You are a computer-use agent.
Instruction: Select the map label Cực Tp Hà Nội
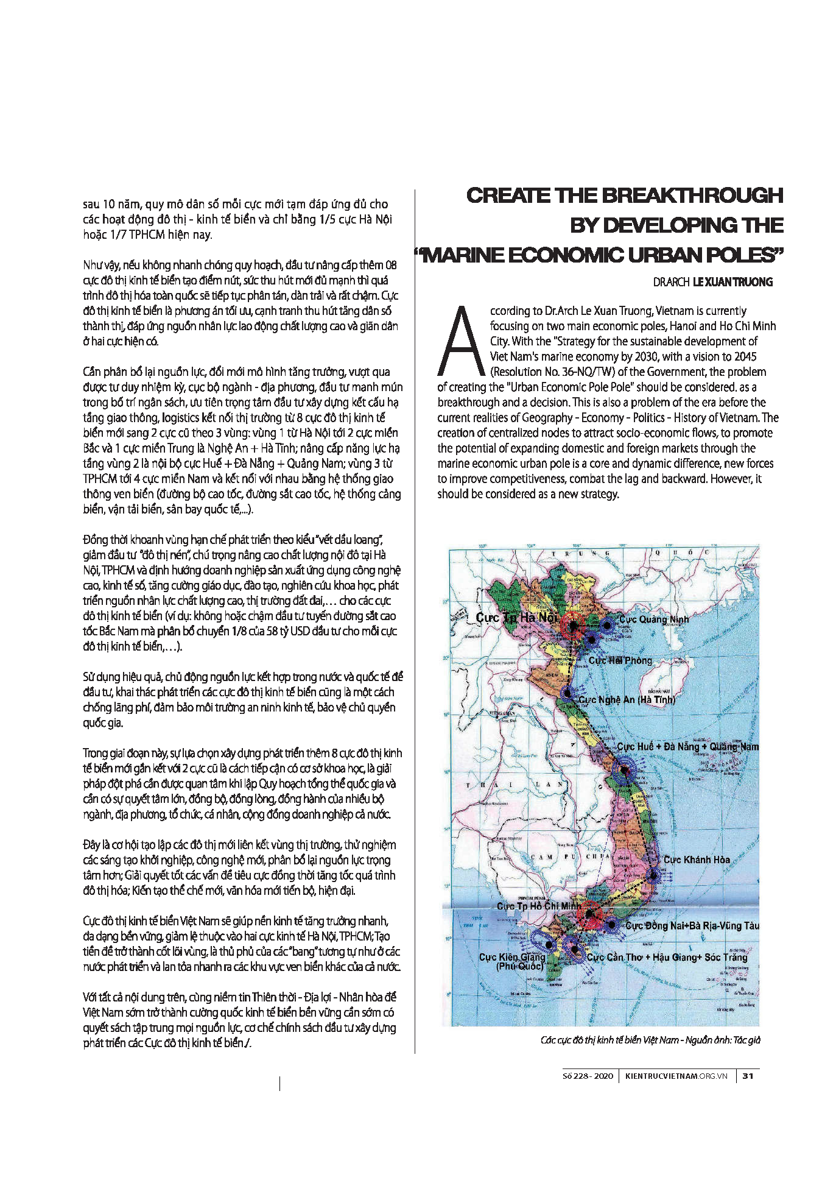coord(516,618)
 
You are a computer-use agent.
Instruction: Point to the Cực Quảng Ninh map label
coord(654,620)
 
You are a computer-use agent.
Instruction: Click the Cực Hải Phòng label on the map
coord(620,660)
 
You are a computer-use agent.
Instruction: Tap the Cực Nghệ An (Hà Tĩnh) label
coord(627,699)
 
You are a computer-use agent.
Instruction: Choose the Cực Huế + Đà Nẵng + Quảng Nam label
coord(687,746)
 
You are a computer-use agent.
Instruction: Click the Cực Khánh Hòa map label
coord(697,860)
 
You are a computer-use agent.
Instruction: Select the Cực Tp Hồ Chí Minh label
coord(538,906)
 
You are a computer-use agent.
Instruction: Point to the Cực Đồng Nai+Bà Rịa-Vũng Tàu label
coord(692,925)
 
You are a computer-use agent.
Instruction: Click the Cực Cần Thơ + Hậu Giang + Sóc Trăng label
coord(667,957)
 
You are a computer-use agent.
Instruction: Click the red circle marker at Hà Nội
coord(572,624)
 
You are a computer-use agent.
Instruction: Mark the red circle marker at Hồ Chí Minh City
coord(589,914)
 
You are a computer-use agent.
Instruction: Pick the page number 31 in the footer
coord(748,1076)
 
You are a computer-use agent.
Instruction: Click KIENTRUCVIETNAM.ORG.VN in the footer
coord(676,1076)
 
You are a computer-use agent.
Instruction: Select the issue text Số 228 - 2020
coord(588,1076)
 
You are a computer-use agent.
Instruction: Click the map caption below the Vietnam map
coord(650,1040)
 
